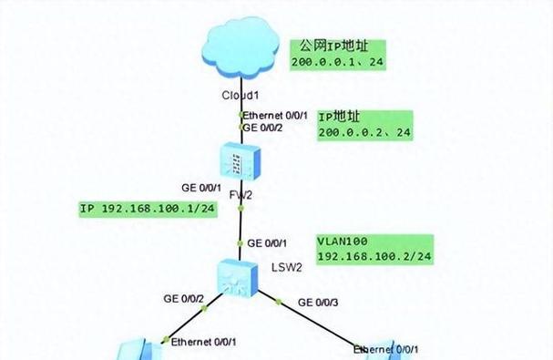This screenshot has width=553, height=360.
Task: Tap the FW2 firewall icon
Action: (x=241, y=163)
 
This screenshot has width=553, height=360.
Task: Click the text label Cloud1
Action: (x=241, y=96)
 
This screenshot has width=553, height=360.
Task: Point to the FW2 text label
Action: (x=241, y=195)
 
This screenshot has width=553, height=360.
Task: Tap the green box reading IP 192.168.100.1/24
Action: (x=148, y=209)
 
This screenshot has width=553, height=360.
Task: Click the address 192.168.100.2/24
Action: (x=374, y=256)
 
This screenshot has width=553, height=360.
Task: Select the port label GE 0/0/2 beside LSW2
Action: (x=182, y=299)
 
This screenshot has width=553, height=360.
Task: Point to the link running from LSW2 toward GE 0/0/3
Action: (x=310, y=319)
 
